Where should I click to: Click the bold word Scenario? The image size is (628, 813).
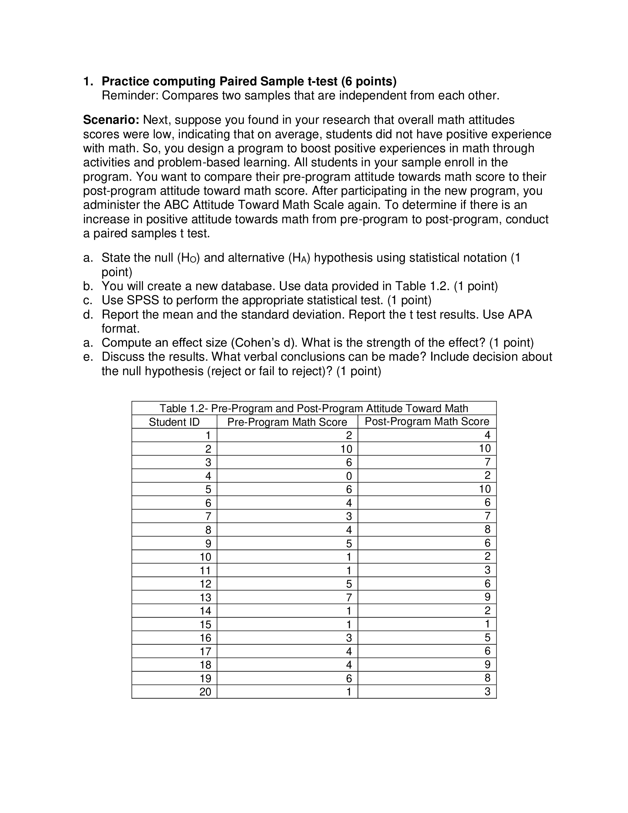click(111, 120)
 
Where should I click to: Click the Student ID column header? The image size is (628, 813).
click(174, 422)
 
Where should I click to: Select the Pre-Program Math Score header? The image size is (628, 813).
click(287, 422)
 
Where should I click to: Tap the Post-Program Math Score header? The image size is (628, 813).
click(427, 421)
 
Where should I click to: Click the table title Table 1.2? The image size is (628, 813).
click(314, 408)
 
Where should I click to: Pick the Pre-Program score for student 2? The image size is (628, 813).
click(346, 449)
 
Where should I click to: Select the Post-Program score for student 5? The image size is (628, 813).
click(484, 489)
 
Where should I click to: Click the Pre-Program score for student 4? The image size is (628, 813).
click(349, 476)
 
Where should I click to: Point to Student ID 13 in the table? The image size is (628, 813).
click(205, 598)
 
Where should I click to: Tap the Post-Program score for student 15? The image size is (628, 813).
click(487, 624)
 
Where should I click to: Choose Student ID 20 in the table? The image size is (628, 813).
click(205, 692)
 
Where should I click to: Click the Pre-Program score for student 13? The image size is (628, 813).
click(349, 598)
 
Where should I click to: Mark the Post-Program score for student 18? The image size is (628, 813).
click(487, 664)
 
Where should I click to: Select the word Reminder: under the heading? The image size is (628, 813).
click(130, 96)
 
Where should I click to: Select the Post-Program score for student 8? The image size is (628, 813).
click(487, 529)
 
